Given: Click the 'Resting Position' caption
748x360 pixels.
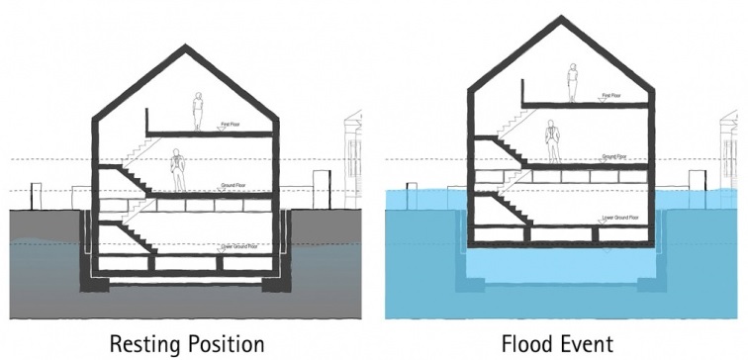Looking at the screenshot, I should tap(186, 343).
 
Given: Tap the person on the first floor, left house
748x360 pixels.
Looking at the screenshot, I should tap(199, 110).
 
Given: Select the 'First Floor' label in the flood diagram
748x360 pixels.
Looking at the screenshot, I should tap(610, 96).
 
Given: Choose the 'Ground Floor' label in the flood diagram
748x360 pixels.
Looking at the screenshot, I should tap(613, 156).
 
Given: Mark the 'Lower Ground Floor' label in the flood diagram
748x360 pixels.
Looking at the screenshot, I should tap(619, 216).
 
